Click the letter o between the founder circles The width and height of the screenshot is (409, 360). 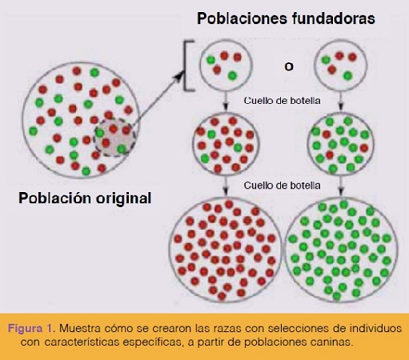[x=289, y=66]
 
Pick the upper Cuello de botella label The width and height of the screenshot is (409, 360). [x=282, y=101]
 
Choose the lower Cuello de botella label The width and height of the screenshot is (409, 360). [x=282, y=186]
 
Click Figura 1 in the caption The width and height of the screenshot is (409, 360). [x=30, y=328]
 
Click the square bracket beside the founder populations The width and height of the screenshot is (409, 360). [x=186, y=66]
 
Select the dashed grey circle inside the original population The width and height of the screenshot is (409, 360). [x=114, y=137]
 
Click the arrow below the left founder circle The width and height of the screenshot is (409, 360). [x=226, y=101]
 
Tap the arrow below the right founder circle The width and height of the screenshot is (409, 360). [x=341, y=101]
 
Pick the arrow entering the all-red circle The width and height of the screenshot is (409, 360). [x=226, y=186]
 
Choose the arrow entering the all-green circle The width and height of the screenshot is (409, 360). [x=341, y=186]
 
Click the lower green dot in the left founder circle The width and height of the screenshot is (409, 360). [x=232, y=76]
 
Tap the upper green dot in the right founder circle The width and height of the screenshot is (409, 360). [x=326, y=60]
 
